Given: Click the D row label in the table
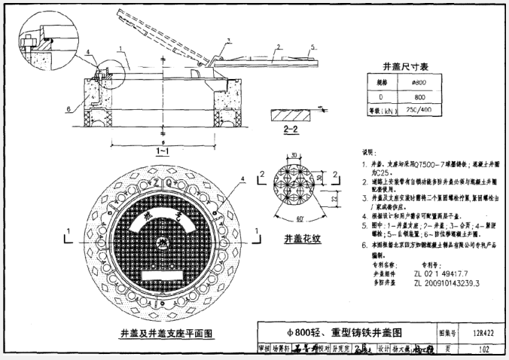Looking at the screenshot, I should [x=382, y=96].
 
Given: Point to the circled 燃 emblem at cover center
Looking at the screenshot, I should [x=160, y=243].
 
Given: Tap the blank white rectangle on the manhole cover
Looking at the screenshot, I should [x=160, y=267].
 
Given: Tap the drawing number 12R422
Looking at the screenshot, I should [x=473, y=331].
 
